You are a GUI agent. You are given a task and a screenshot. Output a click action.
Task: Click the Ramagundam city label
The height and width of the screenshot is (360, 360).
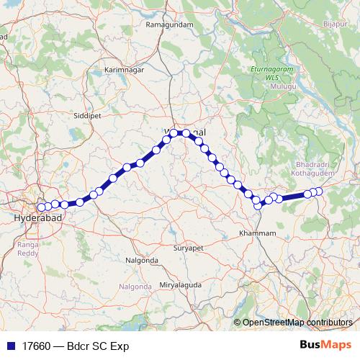[x=170, y=24]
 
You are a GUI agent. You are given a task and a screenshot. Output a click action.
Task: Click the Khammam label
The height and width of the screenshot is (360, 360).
[x=257, y=234]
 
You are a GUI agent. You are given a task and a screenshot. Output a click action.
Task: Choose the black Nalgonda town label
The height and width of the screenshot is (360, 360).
[x=142, y=259]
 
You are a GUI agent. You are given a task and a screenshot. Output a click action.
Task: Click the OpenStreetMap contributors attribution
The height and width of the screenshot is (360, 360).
[x=297, y=323]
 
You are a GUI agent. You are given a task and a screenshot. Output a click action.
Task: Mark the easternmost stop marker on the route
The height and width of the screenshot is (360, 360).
[x=318, y=191]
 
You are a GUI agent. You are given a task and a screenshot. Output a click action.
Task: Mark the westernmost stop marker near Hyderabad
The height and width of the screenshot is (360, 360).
[x=41, y=207]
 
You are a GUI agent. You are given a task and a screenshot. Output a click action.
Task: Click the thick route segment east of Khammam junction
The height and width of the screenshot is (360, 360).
[x=292, y=196]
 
